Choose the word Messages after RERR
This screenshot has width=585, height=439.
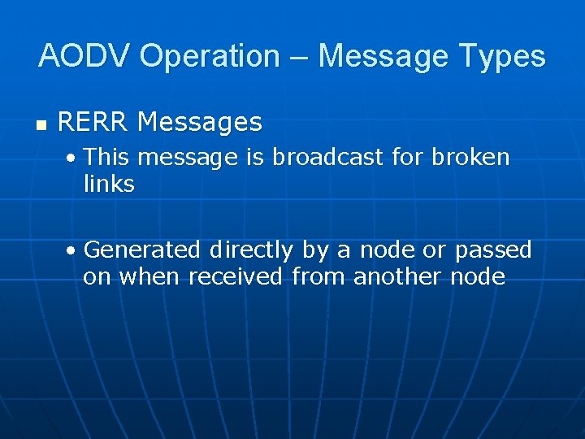200,123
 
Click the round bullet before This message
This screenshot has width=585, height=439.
73,158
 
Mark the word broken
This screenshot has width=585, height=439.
470,157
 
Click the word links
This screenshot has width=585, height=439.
109,185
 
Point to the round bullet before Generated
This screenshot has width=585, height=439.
73,250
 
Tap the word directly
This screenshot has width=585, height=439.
251,250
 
